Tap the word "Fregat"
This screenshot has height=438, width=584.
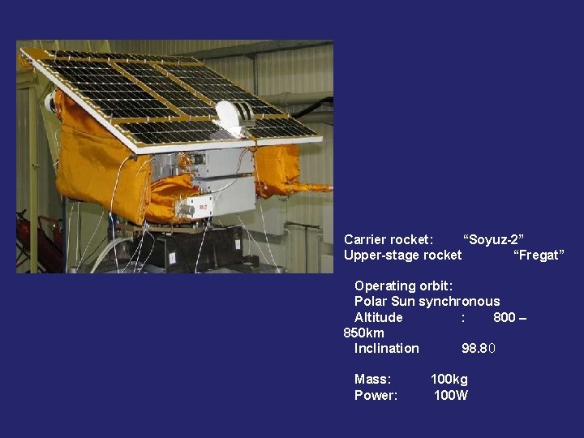pos(538,255)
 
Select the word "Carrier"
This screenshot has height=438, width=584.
pos(365,239)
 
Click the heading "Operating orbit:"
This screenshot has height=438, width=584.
pos(403,286)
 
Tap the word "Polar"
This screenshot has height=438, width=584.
pos(370,302)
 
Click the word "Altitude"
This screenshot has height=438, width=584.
pos(378,317)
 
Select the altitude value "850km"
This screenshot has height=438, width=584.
pos(364,333)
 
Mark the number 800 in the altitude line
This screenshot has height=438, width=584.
pos(504,317)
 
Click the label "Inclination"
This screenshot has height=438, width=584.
pos(386,349)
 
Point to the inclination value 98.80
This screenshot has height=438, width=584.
pos(478,349)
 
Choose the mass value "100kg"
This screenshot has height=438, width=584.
pos(449,380)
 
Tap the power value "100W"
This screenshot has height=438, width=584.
pos(451,396)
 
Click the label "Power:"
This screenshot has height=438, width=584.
pos(376,396)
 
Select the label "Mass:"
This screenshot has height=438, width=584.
pos(372,380)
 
